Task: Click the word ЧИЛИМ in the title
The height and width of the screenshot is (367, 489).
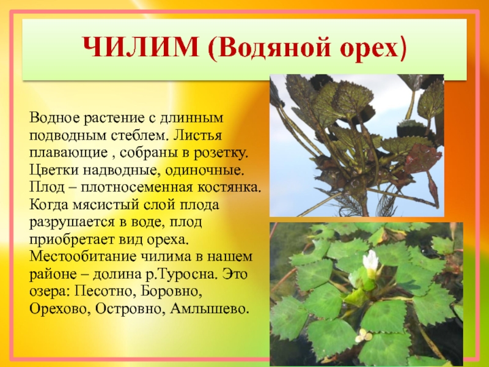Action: pyautogui.click(x=141, y=47)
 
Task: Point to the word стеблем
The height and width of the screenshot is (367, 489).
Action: pyautogui.click(x=140, y=135)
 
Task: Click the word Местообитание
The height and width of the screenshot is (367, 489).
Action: pyautogui.click(x=83, y=257)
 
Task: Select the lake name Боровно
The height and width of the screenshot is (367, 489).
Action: pyautogui.click(x=170, y=292)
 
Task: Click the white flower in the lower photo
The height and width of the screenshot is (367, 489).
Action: pyautogui.click(x=371, y=261)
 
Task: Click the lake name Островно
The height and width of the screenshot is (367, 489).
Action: pyautogui.click(x=130, y=310)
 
